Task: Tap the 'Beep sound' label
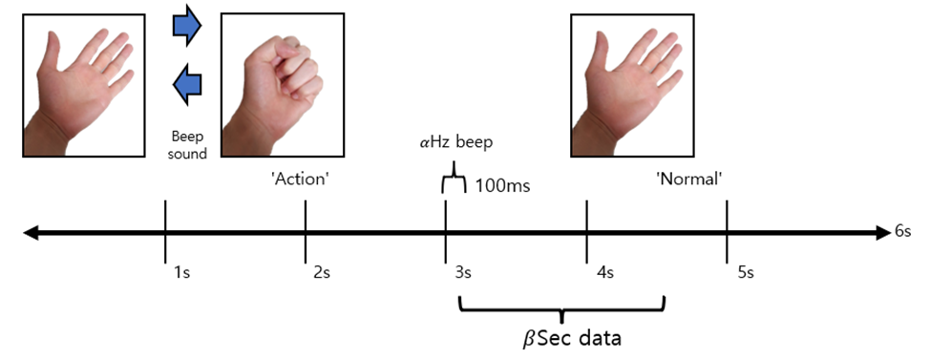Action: pos(187,145)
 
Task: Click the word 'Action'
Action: pos(301,179)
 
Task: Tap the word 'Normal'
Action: pos(687,179)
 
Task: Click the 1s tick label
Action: pos(181,272)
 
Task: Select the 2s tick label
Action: pos(322,272)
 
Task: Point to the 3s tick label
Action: pos(461,272)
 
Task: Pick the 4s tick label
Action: pos(603,272)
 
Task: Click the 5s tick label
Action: pos(745,272)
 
